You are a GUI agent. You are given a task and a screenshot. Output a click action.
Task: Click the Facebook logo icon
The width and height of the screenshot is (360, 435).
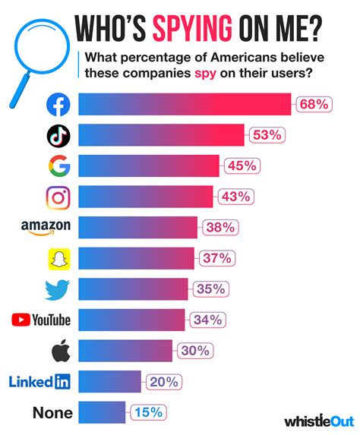point(58,105)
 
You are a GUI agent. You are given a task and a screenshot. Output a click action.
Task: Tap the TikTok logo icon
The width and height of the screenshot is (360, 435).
point(58,135)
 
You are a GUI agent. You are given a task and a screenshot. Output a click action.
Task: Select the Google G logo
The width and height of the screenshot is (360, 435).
point(58,165)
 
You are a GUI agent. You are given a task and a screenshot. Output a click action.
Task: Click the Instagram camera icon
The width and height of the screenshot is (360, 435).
point(58,197)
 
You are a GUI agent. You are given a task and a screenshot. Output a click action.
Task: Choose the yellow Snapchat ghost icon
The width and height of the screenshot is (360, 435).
point(58,258)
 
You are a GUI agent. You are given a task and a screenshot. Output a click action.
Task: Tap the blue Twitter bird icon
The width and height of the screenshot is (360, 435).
point(58,289)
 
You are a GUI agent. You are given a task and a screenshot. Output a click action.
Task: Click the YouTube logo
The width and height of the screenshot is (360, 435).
point(41,320)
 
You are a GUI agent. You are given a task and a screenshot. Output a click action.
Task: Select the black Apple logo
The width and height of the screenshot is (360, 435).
point(58,350)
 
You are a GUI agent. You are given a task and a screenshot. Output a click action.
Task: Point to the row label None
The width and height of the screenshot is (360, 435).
point(53,412)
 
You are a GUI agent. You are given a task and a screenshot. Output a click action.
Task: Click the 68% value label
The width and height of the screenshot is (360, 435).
point(313,105)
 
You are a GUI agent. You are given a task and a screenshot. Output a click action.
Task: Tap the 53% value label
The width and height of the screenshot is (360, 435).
point(267,135)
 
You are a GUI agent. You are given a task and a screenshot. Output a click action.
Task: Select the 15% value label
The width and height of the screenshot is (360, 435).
point(147,412)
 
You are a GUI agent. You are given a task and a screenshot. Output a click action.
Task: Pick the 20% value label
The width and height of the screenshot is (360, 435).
point(163,381)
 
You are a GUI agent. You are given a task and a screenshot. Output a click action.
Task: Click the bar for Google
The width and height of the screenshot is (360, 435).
point(149,165)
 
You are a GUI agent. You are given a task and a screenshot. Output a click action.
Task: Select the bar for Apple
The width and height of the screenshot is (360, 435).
point(126,350)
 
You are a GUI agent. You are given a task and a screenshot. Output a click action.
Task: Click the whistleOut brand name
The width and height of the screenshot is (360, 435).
point(317,420)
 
